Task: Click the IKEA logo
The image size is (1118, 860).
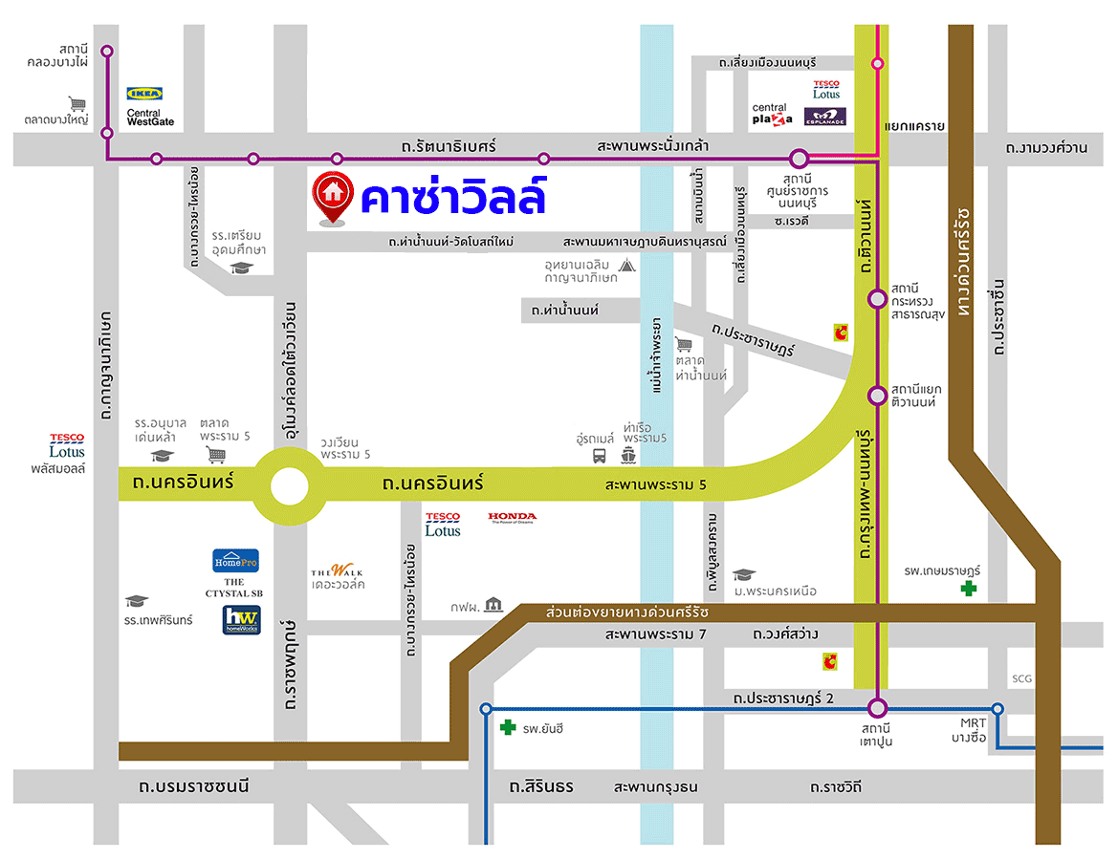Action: (145, 94)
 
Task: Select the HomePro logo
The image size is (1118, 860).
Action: (235, 561)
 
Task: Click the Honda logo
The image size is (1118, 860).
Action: (513, 518)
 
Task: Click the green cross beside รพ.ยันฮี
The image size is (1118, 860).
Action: (508, 728)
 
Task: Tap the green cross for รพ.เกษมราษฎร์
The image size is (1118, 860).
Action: (970, 589)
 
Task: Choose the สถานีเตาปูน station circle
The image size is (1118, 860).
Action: (878, 708)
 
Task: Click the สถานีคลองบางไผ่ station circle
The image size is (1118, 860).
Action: (107, 51)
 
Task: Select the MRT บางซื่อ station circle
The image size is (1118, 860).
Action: (997, 709)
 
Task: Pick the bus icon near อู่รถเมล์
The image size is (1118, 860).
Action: (600, 456)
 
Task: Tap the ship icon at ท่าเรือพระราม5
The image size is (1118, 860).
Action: (628, 456)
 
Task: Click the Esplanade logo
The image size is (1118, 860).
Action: (824, 116)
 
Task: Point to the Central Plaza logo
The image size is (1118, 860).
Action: (772, 115)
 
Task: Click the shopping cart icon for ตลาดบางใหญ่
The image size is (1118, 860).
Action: (77, 103)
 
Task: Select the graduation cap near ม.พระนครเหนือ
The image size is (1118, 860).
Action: (743, 575)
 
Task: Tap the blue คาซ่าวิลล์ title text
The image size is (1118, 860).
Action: (452, 196)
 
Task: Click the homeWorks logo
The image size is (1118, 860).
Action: (240, 620)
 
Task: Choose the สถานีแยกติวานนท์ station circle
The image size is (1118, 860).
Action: (877, 396)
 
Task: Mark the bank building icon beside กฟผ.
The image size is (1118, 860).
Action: (493, 604)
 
